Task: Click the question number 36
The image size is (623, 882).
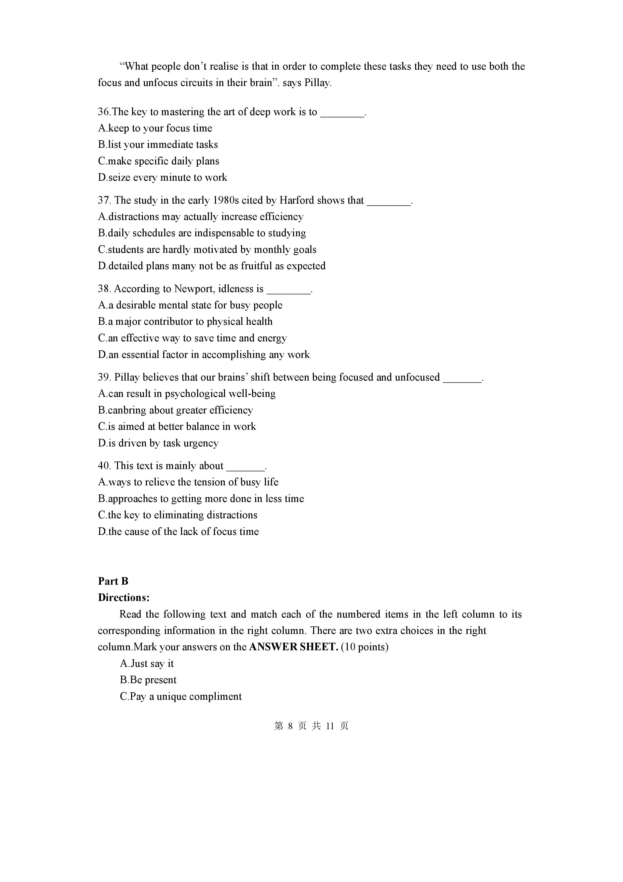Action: (104, 112)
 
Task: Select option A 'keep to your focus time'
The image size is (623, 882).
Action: (155, 128)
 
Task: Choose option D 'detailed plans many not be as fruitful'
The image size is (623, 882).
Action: (211, 266)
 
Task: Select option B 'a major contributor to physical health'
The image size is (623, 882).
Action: (185, 321)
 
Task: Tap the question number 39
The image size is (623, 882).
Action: (104, 377)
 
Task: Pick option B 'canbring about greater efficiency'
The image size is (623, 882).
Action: (176, 410)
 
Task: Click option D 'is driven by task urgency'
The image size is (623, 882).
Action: (158, 443)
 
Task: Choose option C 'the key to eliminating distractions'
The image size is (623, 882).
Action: (178, 515)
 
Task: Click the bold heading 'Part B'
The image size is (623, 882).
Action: (113, 581)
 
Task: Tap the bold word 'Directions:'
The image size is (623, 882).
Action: (124, 598)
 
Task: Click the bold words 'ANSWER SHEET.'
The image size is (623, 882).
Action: (294, 647)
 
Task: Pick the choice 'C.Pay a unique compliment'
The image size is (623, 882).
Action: (181, 697)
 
